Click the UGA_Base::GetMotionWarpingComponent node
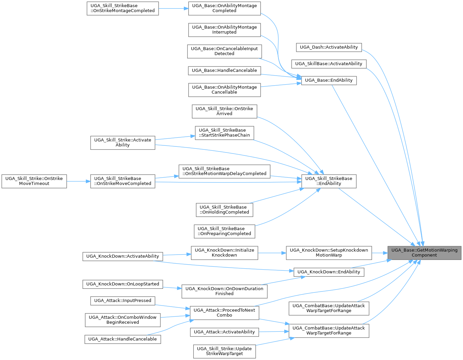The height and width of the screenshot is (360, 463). [424, 253]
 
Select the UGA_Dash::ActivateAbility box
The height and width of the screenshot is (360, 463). [329, 47]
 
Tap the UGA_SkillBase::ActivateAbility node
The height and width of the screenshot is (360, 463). [329, 64]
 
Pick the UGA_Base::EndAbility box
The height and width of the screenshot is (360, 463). [329, 80]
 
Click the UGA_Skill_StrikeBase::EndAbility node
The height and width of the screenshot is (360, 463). [329, 181]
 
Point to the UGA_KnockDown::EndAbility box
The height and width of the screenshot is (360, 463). [329, 272]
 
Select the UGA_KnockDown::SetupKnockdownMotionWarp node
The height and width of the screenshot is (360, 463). [329, 253]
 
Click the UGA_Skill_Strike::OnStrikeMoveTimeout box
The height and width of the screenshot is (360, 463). [34, 181]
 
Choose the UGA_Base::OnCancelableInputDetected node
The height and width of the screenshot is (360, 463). [224, 51]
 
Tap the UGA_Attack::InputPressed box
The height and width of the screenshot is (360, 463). [122, 301]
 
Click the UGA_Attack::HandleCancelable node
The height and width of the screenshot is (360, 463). [122, 339]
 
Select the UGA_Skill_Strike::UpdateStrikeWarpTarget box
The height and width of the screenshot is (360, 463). [224, 351]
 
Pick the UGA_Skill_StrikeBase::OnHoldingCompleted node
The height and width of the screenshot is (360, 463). [224, 210]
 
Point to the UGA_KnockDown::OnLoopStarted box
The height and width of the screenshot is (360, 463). [122, 284]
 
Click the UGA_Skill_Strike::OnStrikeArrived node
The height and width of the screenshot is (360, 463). [224, 111]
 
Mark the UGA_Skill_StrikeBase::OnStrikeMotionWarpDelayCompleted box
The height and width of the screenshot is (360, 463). [224, 171]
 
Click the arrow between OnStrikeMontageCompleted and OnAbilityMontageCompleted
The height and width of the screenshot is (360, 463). [173, 8]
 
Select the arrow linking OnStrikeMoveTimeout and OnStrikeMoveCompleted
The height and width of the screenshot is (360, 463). [79, 181]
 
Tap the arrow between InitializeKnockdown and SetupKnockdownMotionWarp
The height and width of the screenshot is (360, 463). [272, 253]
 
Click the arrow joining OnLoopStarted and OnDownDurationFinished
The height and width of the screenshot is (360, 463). [172, 288]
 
